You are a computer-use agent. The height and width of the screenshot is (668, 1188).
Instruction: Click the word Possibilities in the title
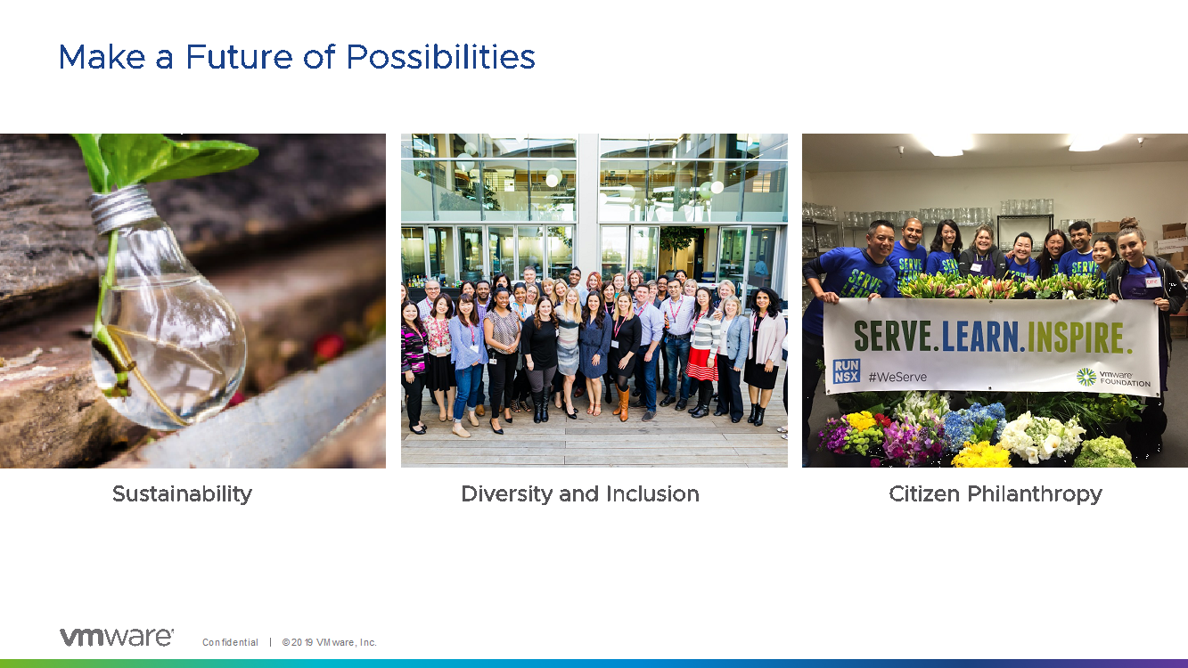[441, 58]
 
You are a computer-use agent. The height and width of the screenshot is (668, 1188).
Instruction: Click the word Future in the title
[239, 56]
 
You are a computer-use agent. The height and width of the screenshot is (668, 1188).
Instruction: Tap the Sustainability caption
[182, 494]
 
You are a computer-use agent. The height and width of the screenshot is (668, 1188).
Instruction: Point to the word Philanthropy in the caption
[1035, 494]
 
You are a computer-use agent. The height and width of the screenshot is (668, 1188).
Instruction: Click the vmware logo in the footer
[116, 637]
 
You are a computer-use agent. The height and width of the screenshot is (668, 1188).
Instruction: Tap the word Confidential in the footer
[230, 642]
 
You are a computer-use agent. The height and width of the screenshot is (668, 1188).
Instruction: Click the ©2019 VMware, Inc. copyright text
[329, 642]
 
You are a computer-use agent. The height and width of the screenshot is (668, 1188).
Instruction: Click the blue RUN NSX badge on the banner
[847, 371]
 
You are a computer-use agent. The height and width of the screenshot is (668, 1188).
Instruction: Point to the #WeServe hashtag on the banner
[897, 377]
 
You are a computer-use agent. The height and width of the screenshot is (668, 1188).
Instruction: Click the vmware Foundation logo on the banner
[1113, 378]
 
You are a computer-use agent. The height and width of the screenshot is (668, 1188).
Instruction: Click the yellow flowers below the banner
[981, 455]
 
